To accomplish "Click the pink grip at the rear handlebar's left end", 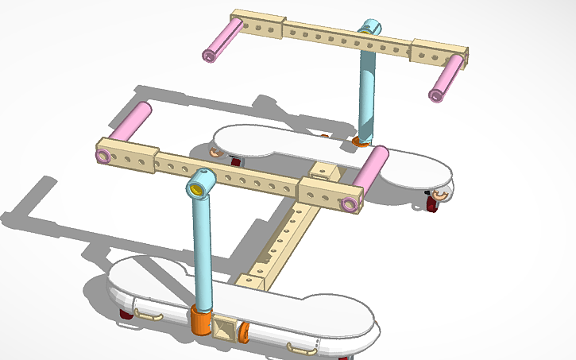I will click(x=223, y=39).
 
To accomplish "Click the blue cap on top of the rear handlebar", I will click(x=370, y=29).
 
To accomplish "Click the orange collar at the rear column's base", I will click(x=361, y=142).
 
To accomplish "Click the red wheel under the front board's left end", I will click(x=126, y=315).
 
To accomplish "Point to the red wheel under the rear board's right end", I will click(x=433, y=205).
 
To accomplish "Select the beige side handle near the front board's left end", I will click(x=149, y=315).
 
